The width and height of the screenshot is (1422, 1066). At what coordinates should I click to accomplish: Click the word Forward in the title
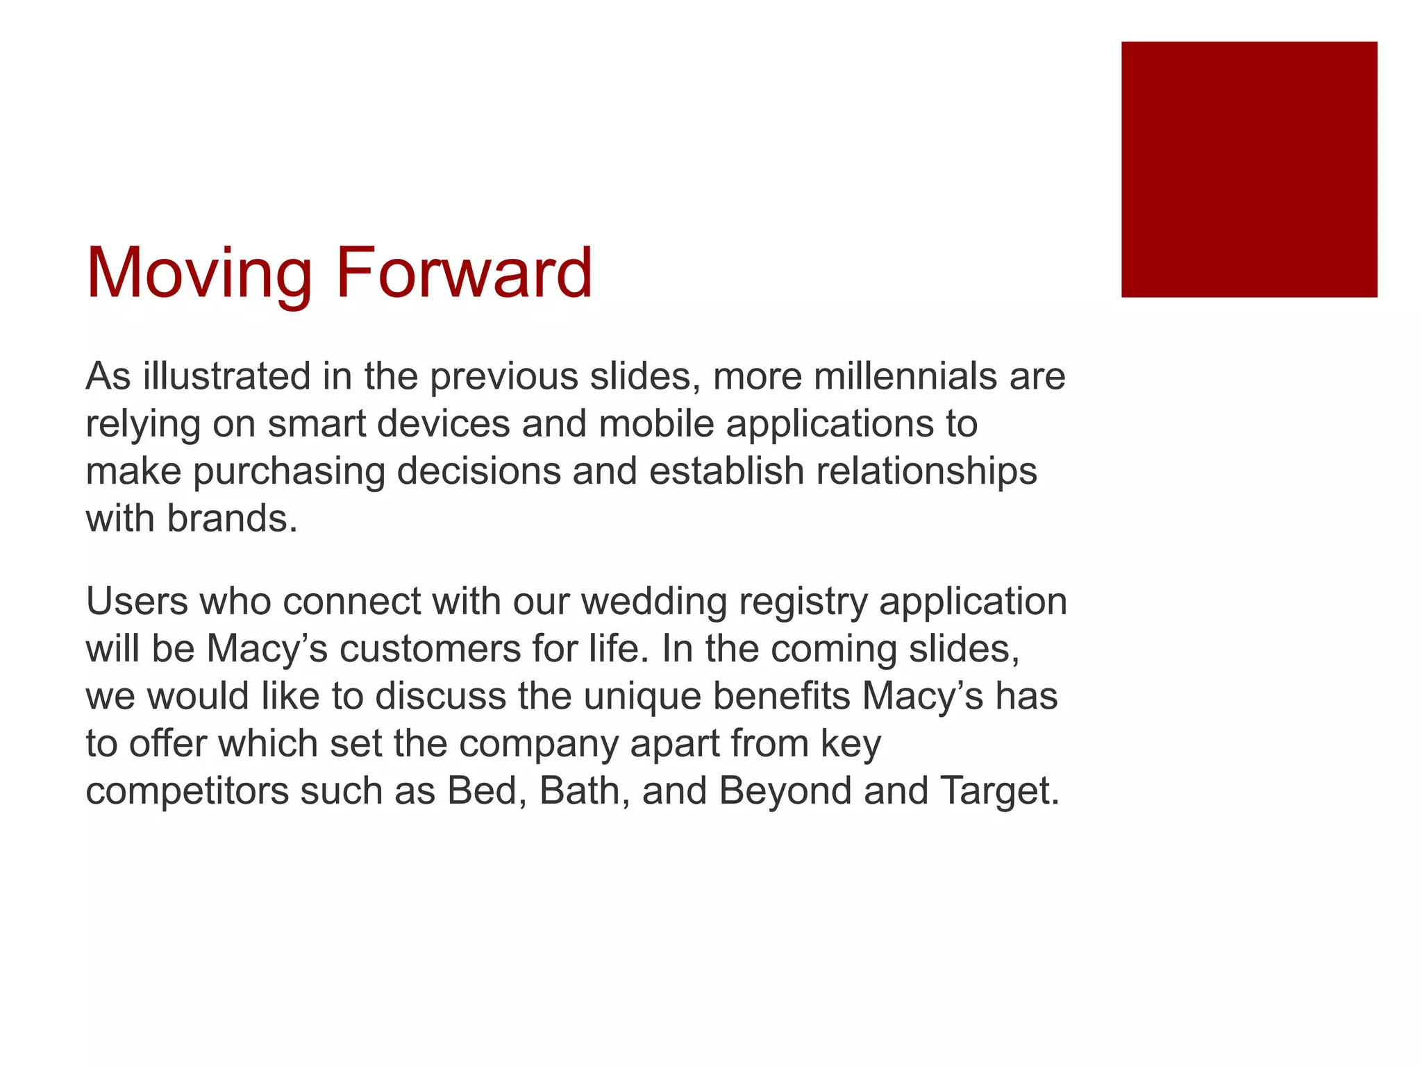coord(464,273)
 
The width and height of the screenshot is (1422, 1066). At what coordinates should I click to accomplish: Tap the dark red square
coord(1248,169)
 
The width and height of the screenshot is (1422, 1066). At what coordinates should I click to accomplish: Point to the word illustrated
coord(227,376)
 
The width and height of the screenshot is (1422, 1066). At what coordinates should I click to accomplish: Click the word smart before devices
coord(317,423)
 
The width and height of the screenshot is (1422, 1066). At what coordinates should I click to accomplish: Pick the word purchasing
coord(289,471)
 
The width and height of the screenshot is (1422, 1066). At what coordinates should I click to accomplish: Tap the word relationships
coord(926,471)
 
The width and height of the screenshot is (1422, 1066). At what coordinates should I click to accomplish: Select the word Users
coord(137,601)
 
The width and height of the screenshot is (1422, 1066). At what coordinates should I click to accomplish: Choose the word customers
coord(430,649)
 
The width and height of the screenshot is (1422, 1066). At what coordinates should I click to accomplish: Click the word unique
coord(642,696)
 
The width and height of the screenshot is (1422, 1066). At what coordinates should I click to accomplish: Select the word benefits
coord(781,696)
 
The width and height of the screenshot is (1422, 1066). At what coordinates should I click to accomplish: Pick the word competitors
coord(187,791)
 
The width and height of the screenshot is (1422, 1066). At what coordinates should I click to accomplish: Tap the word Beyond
coord(785,791)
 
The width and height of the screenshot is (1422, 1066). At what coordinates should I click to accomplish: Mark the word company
coord(538,744)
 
